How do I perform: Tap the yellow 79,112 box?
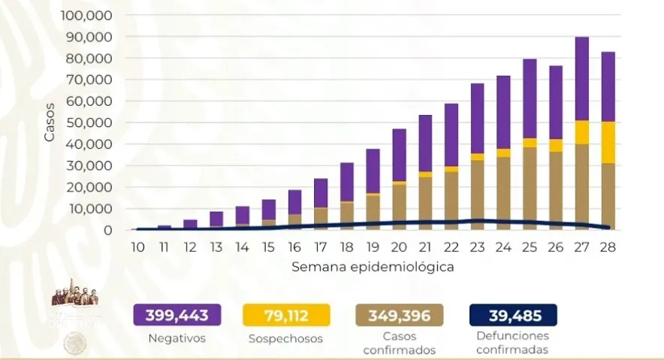(x=286, y=314)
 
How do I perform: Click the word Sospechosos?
(x=286, y=339)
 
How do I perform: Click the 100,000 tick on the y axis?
(x=86, y=16)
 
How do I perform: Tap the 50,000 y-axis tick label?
(x=90, y=123)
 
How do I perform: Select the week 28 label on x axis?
(x=608, y=247)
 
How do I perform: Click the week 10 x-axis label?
(x=137, y=247)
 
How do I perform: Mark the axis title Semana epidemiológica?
(x=373, y=266)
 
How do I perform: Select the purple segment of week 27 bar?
(x=582, y=78)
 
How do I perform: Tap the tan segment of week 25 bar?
(x=530, y=188)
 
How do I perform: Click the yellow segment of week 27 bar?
(x=582, y=132)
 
